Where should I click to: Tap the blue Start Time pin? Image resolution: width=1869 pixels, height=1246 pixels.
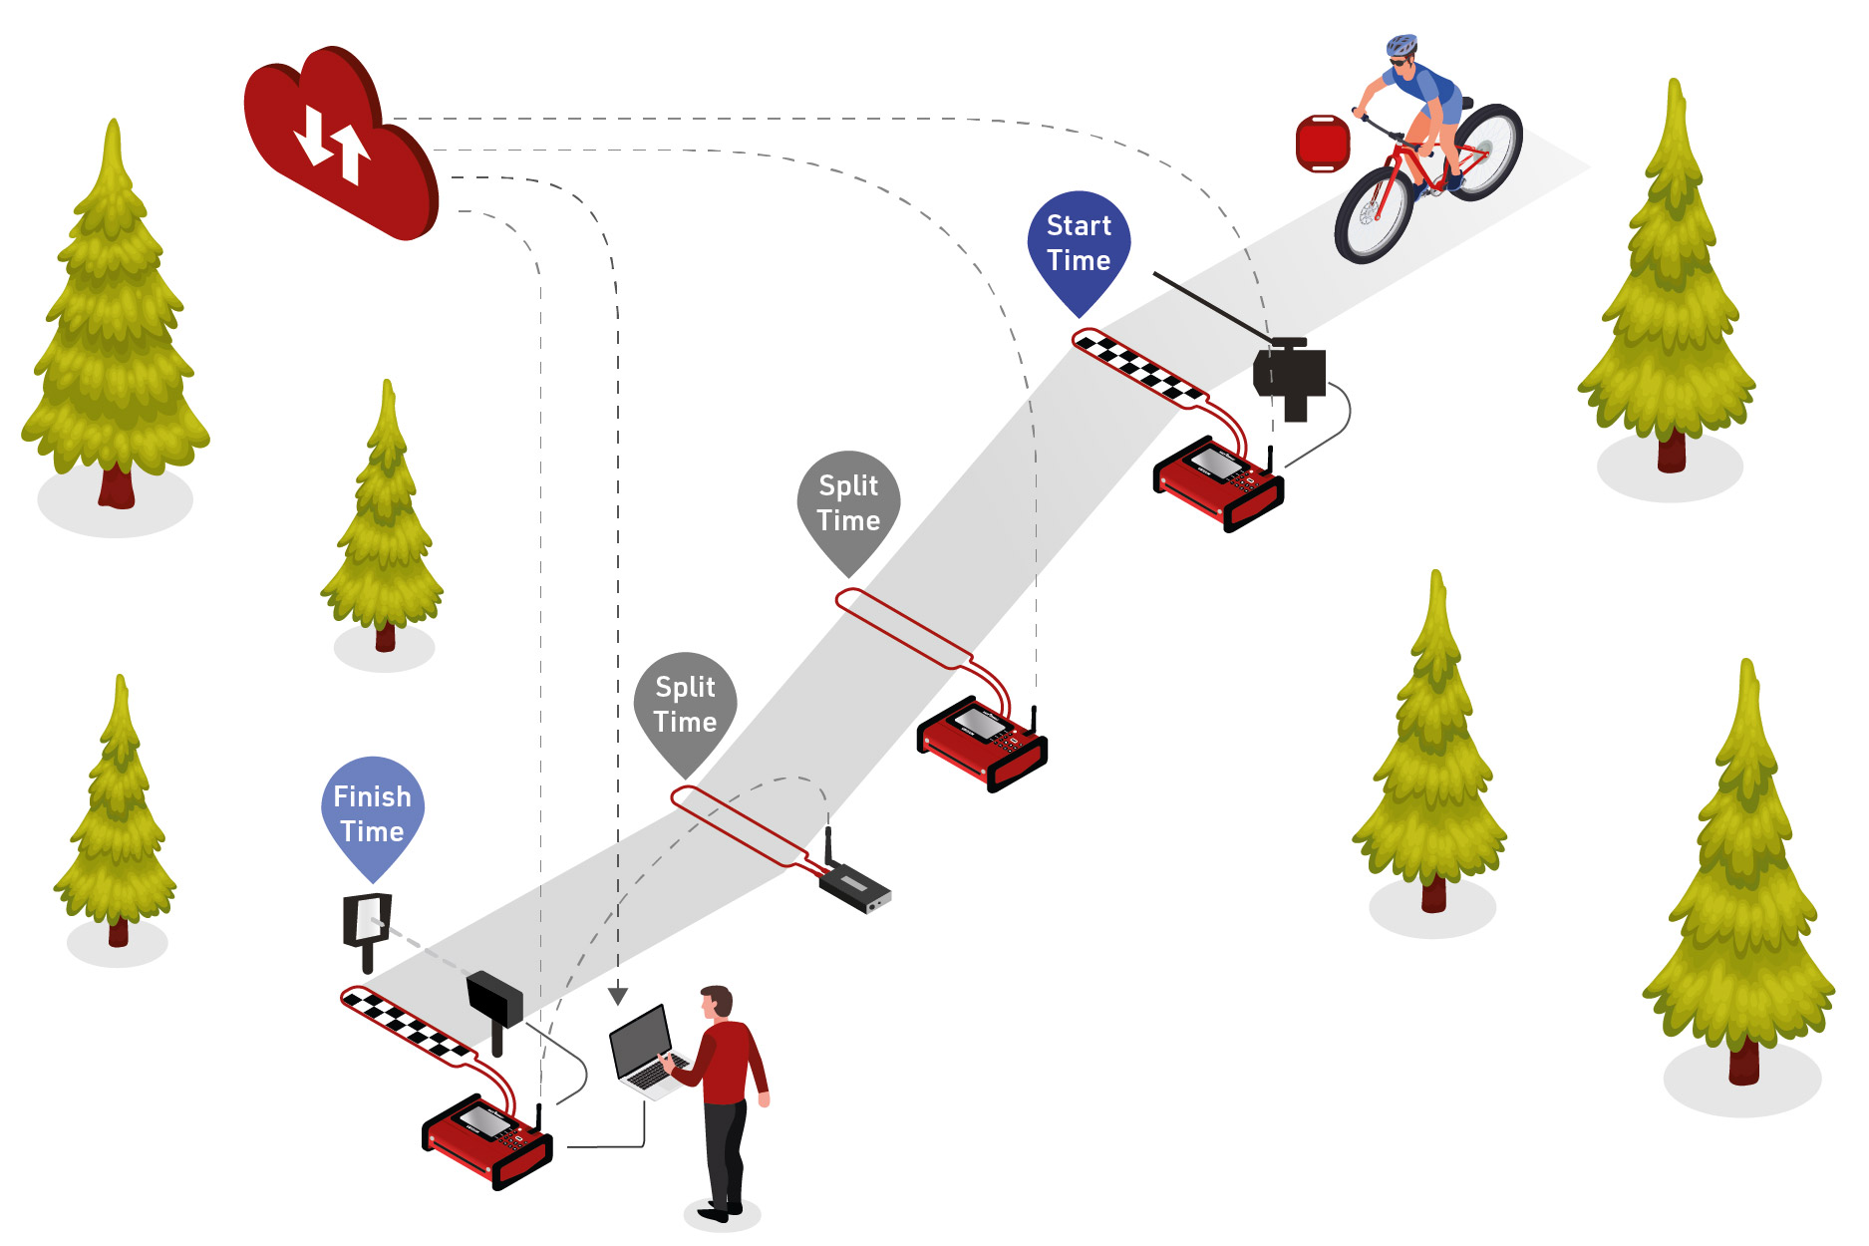1079,244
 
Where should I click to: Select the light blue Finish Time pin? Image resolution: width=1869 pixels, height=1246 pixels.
372,812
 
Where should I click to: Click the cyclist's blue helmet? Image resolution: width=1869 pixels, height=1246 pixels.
1401,45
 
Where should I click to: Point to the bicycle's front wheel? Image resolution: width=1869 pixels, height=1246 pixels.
1376,214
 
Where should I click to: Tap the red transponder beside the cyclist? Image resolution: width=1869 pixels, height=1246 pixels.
1322,144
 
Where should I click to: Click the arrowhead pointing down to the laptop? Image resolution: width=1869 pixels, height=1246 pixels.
618,995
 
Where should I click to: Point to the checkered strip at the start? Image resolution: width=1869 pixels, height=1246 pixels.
1137,368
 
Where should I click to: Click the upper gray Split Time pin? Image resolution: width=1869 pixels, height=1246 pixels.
848,503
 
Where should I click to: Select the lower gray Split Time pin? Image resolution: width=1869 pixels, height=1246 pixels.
685,705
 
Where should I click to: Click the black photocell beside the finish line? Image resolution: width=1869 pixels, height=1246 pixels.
494,997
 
